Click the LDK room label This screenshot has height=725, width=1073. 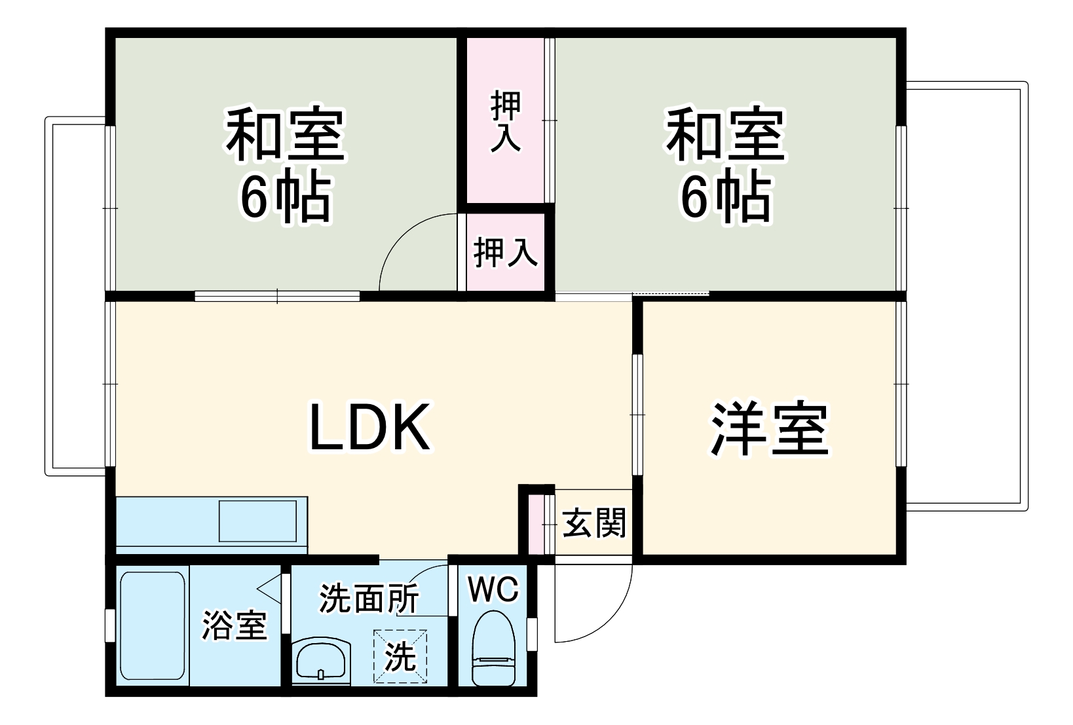(x=369, y=427)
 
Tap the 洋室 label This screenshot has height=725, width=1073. (x=770, y=428)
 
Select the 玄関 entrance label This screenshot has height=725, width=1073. (x=594, y=523)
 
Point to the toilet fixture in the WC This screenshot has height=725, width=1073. (x=493, y=649)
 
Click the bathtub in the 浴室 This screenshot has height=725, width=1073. (x=153, y=626)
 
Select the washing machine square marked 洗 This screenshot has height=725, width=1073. (x=400, y=656)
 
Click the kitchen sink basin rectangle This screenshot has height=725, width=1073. (x=257, y=521)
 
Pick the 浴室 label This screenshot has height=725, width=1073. (x=235, y=625)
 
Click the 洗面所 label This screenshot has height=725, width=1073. (x=369, y=598)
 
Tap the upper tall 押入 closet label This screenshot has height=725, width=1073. (x=506, y=121)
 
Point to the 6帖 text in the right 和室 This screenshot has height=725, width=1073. (x=726, y=195)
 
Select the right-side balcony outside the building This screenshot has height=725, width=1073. (x=967, y=297)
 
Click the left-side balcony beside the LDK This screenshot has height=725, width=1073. (x=76, y=297)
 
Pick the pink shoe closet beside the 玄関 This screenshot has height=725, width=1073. (x=536, y=525)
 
